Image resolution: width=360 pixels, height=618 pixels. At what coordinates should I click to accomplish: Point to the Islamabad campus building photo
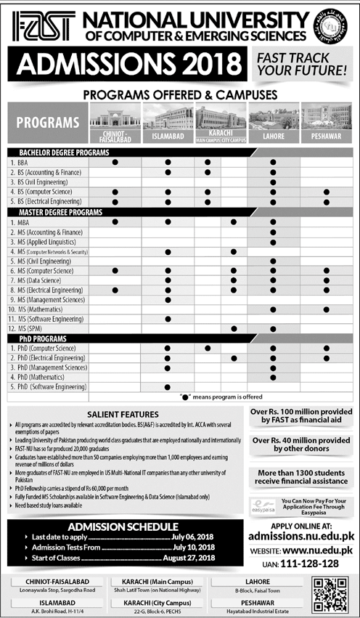(168, 118)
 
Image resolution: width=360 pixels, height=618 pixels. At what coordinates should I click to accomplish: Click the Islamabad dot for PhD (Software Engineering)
(168, 387)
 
